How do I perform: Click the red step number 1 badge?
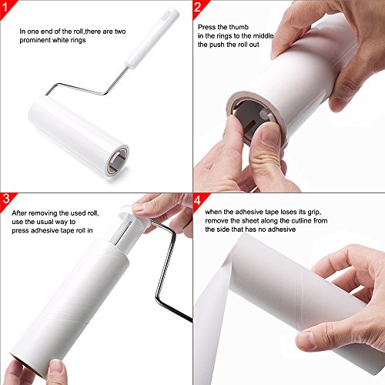8,9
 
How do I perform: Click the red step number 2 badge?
198,9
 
